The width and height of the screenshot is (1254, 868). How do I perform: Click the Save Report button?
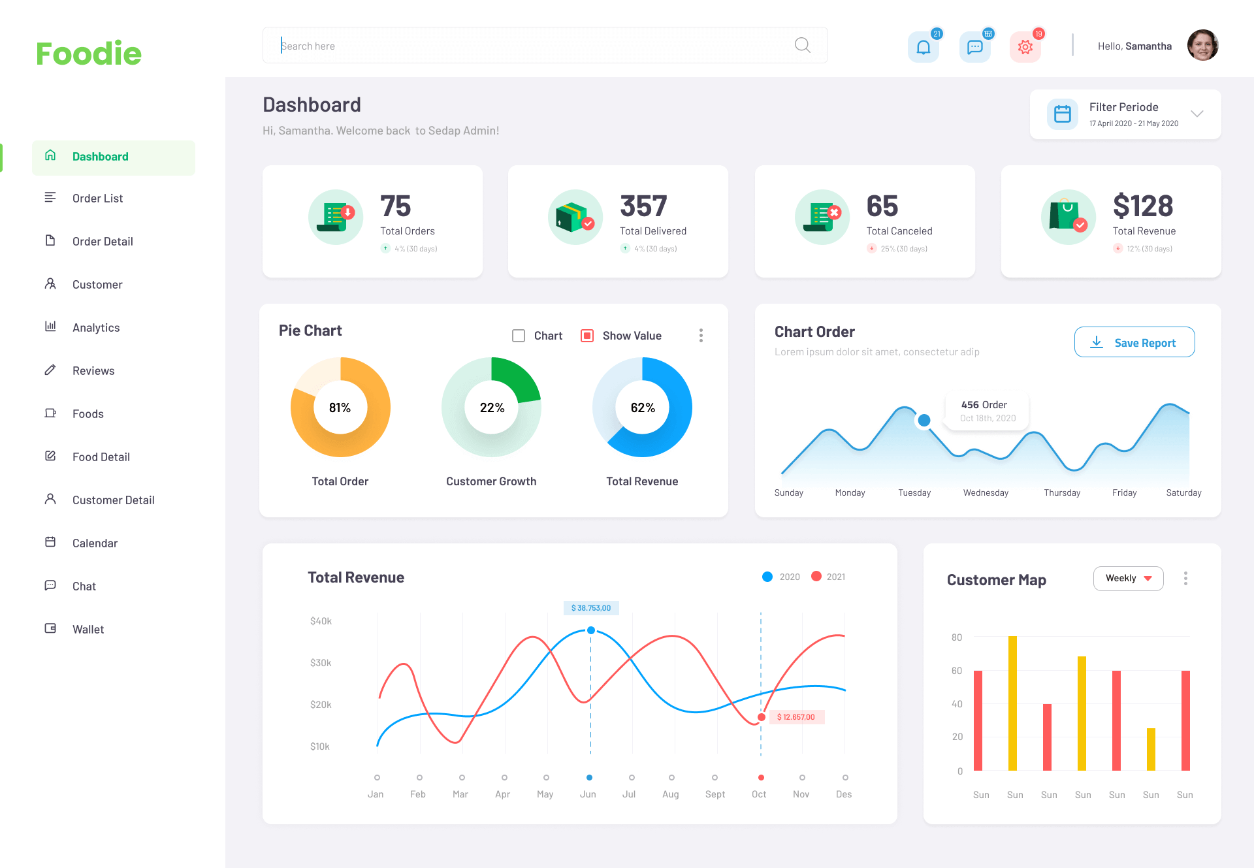(x=1134, y=342)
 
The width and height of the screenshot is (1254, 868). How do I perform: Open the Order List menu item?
(x=97, y=199)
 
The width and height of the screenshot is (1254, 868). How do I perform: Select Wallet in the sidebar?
(x=88, y=630)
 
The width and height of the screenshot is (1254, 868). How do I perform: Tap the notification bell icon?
(x=923, y=47)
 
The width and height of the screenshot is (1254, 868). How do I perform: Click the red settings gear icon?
(x=1025, y=47)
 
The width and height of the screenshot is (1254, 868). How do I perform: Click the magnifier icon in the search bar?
(x=802, y=45)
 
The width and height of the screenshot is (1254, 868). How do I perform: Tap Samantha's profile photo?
(x=1202, y=46)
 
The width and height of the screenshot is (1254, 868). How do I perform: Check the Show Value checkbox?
(x=587, y=336)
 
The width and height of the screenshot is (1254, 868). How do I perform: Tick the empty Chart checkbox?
(x=519, y=336)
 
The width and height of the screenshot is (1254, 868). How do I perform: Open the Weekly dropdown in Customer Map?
(x=1128, y=579)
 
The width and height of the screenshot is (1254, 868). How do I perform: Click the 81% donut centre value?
(x=340, y=408)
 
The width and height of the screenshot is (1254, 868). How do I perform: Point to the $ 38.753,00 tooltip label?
(x=591, y=608)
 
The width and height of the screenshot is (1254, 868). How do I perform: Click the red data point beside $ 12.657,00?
(x=762, y=717)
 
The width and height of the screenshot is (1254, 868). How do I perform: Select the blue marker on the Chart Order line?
(x=924, y=421)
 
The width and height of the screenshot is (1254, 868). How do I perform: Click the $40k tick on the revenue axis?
(x=321, y=621)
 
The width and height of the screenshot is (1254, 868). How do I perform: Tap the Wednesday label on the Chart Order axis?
(x=986, y=493)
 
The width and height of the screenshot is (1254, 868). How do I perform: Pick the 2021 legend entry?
(x=828, y=577)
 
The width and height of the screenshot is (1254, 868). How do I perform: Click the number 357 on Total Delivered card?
(x=643, y=206)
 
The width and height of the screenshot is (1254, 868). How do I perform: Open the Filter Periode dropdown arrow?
(x=1197, y=114)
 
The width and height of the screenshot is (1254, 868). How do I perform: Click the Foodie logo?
(x=89, y=54)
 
